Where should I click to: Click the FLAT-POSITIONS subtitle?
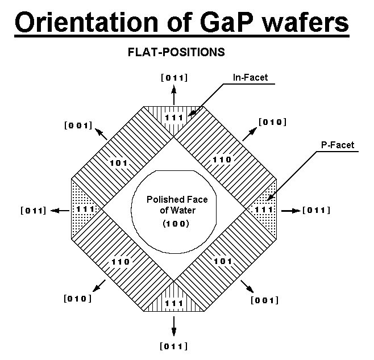click(177, 52)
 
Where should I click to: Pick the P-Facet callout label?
click(337, 145)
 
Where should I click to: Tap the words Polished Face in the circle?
click(177, 199)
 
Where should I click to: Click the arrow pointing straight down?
click(174, 324)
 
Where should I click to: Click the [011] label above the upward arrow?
click(174, 77)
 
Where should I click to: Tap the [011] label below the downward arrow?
click(174, 346)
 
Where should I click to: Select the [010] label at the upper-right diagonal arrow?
click(272, 122)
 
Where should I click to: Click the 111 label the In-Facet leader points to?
click(174, 118)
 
